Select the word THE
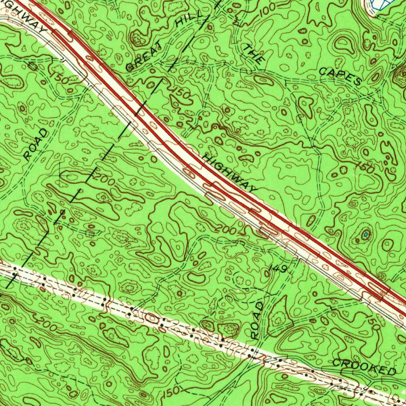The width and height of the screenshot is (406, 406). click(253, 54)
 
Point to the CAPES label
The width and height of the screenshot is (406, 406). click(340, 76)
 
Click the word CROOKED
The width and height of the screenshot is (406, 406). click(364, 367)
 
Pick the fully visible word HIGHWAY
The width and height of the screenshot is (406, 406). click(230, 173)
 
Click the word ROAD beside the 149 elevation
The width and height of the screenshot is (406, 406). click(257, 320)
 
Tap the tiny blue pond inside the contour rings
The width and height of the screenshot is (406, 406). click(365, 235)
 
